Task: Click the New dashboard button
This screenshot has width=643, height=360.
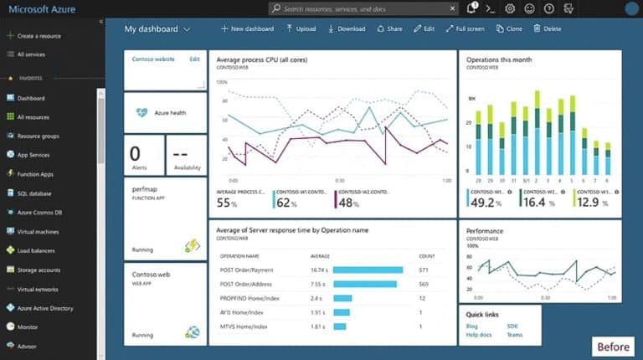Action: pyautogui.click(x=247, y=28)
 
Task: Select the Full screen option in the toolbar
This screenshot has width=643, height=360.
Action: pyautogui.click(x=465, y=28)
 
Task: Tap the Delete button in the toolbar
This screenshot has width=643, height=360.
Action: pyautogui.click(x=548, y=28)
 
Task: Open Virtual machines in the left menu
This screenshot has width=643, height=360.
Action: pyautogui.click(x=38, y=231)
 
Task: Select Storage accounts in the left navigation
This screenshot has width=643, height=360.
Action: pyautogui.click(x=39, y=270)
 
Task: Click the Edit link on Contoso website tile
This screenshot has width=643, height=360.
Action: pyautogui.click(x=194, y=59)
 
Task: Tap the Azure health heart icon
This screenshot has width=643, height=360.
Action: pyautogui.click(x=141, y=112)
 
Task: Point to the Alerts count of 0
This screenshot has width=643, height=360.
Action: pyautogui.click(x=135, y=152)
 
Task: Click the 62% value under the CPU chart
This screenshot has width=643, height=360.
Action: pyautogui.click(x=286, y=203)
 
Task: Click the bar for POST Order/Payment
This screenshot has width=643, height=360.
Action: pyautogui.click(x=368, y=270)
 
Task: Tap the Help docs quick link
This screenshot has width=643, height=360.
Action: pyautogui.click(x=480, y=335)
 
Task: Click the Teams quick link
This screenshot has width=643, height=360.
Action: pyautogui.click(x=515, y=335)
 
